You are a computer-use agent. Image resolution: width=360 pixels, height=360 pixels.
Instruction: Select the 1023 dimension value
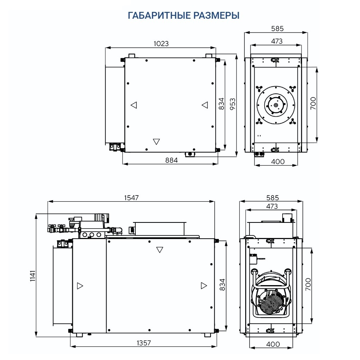coord(161,44)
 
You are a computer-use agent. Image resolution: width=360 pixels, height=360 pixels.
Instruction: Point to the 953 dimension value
coord(233,104)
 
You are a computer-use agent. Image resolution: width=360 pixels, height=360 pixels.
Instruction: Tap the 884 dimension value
coord(171,160)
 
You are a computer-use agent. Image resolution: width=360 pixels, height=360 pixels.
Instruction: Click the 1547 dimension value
coord(131,198)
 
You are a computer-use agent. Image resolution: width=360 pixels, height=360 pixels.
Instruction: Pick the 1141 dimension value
coord(33,276)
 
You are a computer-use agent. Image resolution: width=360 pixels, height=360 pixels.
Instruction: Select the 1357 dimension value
coord(144,343)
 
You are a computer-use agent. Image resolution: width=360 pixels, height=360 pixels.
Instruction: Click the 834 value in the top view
coord(221,104)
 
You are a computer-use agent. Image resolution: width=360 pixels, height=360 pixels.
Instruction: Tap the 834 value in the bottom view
coord(222,285)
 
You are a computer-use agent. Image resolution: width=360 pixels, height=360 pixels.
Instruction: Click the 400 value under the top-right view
coord(278,162)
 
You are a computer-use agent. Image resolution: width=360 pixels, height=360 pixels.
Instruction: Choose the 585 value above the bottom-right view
coord(273,198)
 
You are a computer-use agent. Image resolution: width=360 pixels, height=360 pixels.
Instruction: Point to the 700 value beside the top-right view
coord(313,103)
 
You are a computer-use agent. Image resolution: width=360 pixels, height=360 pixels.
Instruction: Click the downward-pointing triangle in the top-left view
coord(156,141)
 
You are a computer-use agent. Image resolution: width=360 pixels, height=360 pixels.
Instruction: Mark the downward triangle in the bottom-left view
coord(159,250)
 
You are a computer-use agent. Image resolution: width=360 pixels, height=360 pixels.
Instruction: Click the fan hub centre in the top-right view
coord(275,105)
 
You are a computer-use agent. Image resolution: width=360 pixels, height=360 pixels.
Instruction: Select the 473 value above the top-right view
coord(276,41)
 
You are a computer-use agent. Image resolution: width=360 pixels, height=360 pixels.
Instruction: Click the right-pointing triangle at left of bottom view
coord(80,286)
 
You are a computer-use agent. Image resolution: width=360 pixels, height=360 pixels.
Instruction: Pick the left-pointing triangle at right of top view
coord(205,105)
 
